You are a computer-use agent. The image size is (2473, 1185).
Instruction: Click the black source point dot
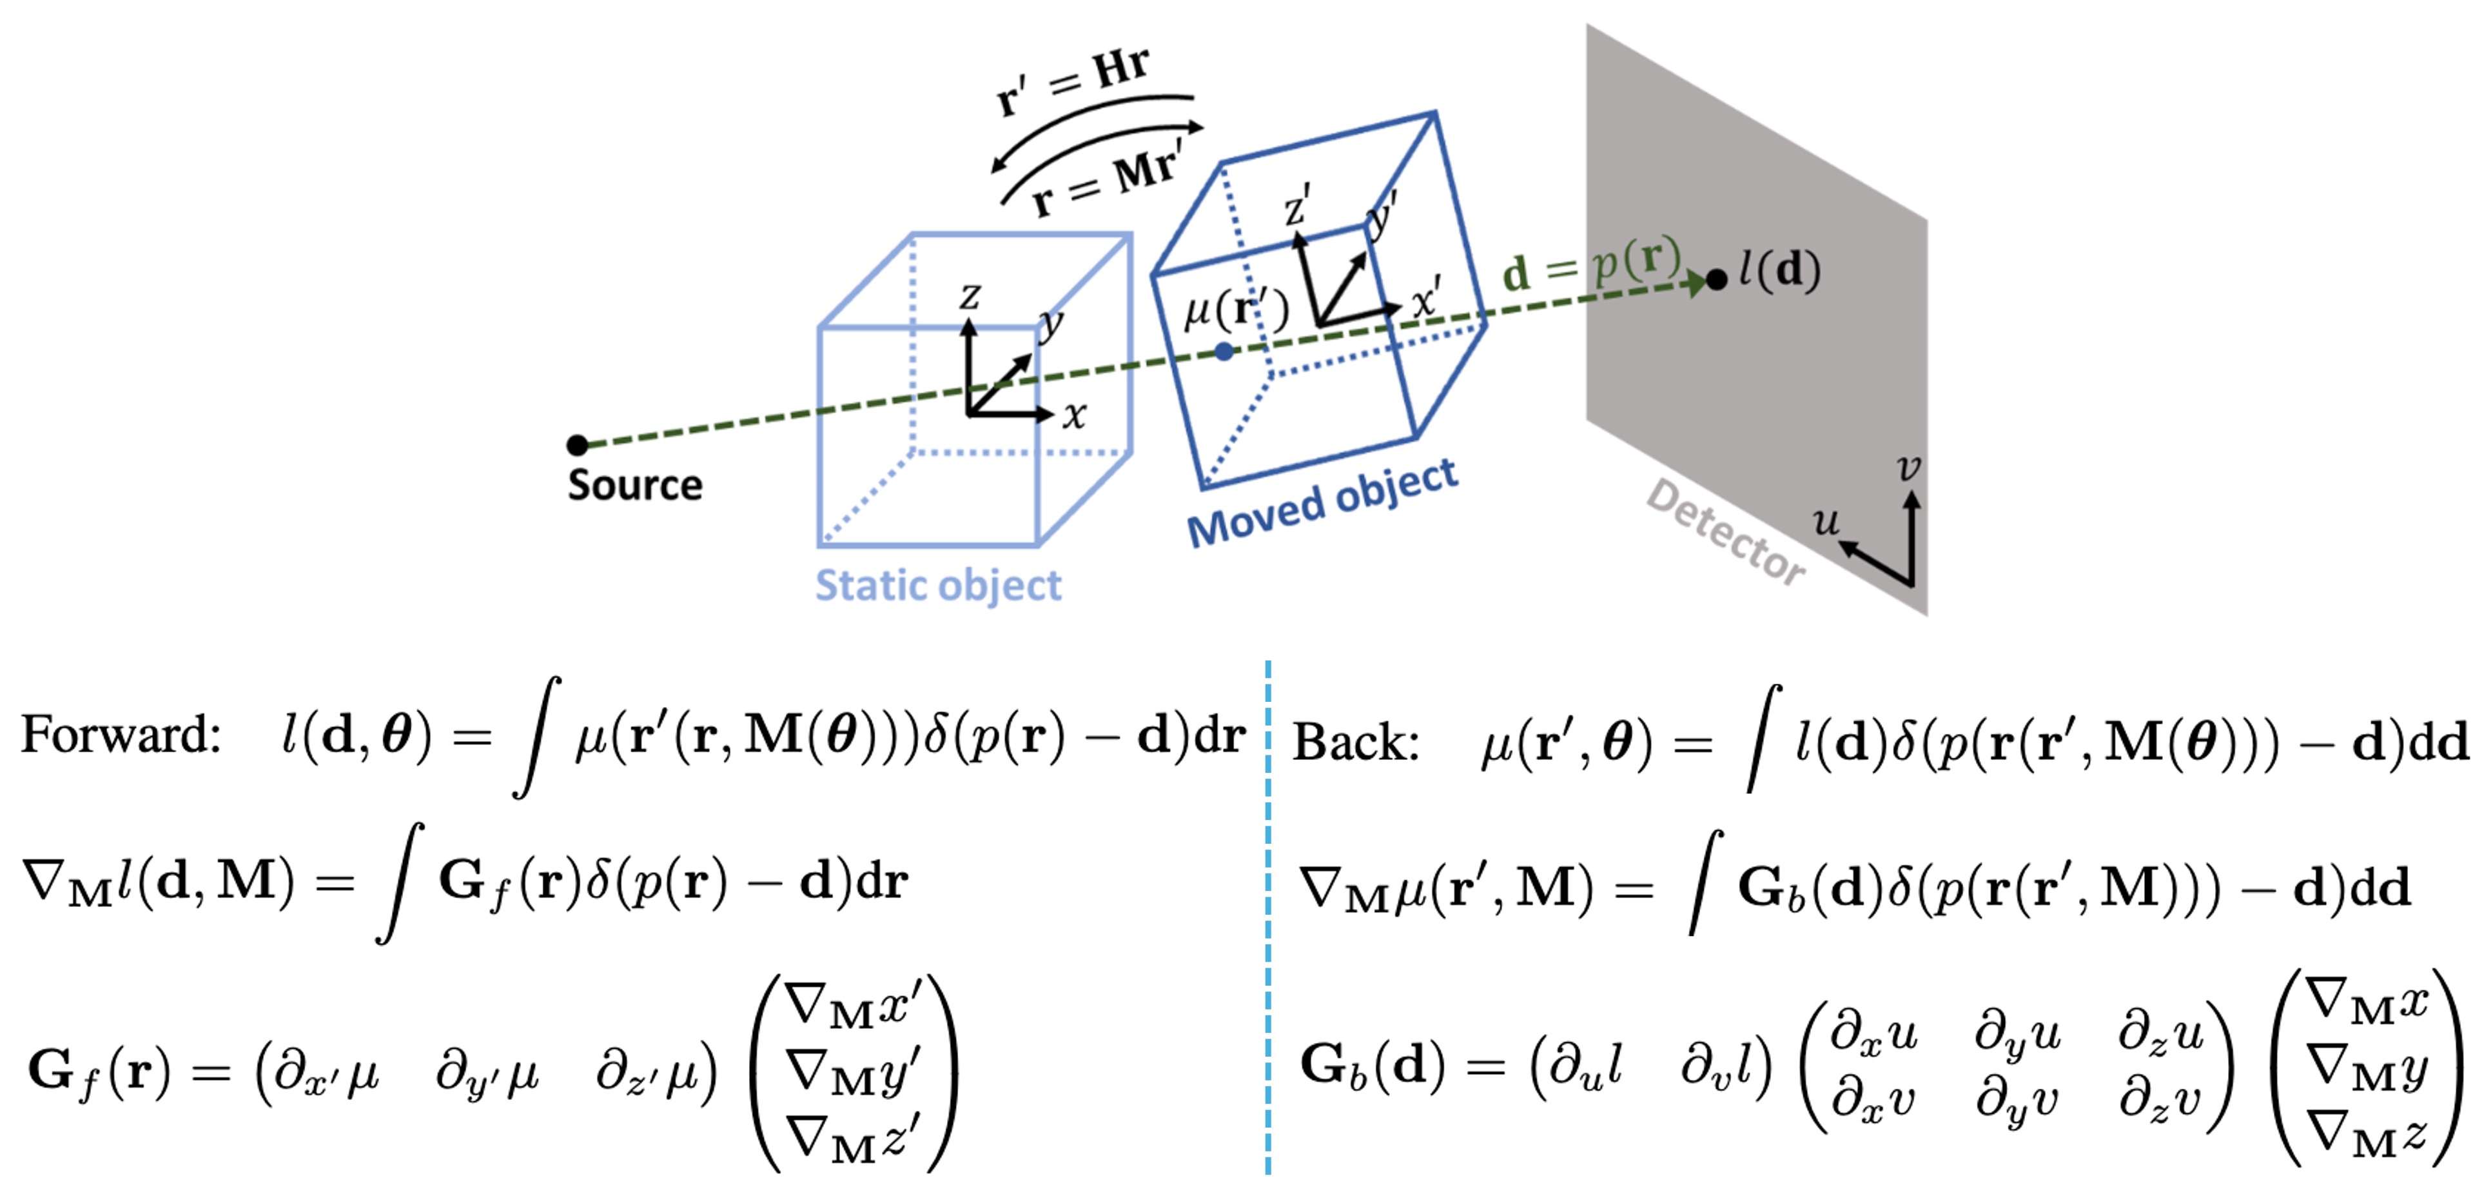click(577, 444)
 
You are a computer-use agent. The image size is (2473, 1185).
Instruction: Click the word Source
click(634, 485)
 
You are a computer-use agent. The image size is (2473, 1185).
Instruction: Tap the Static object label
click(938, 585)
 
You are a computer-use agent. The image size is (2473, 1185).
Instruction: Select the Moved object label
click(1322, 503)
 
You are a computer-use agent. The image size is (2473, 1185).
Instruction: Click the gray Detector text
click(1725, 531)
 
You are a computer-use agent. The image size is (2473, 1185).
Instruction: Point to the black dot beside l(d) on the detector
click(1717, 279)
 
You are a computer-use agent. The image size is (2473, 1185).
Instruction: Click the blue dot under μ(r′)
click(1224, 352)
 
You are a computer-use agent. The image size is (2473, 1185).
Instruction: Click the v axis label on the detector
click(1908, 468)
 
